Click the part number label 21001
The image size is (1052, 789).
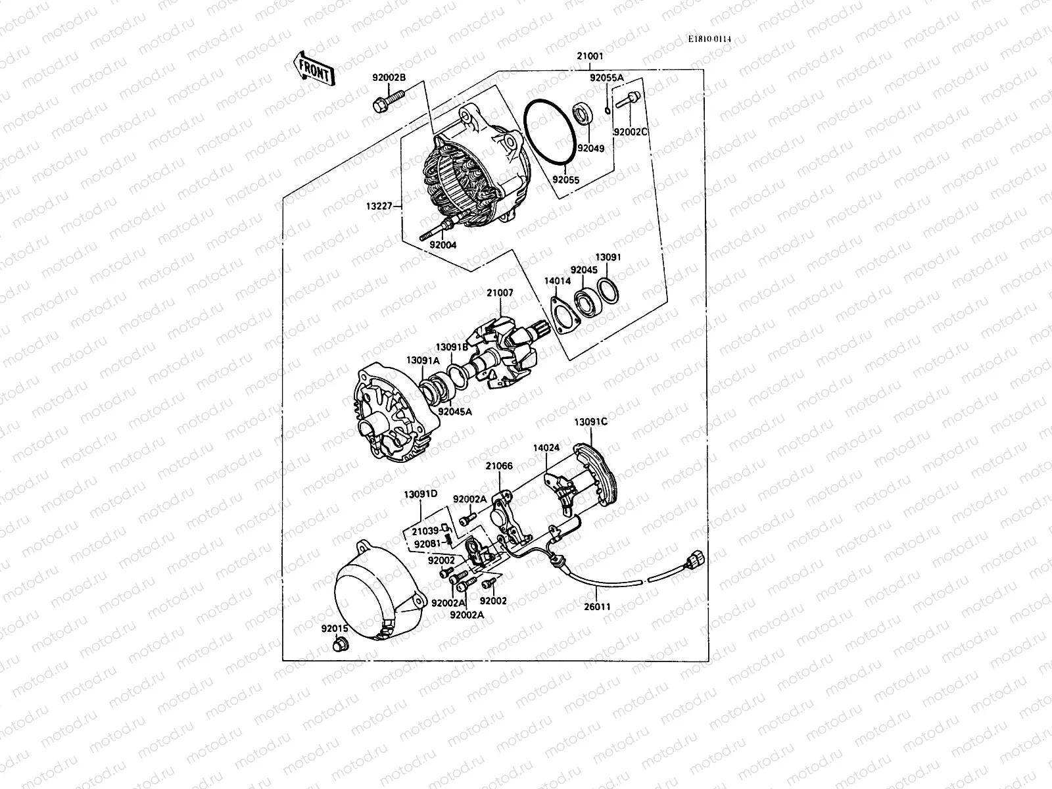point(590,57)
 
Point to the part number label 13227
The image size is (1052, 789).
point(379,206)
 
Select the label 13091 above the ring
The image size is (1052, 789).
point(608,258)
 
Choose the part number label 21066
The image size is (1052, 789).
point(499,466)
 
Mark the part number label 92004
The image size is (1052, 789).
point(442,245)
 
